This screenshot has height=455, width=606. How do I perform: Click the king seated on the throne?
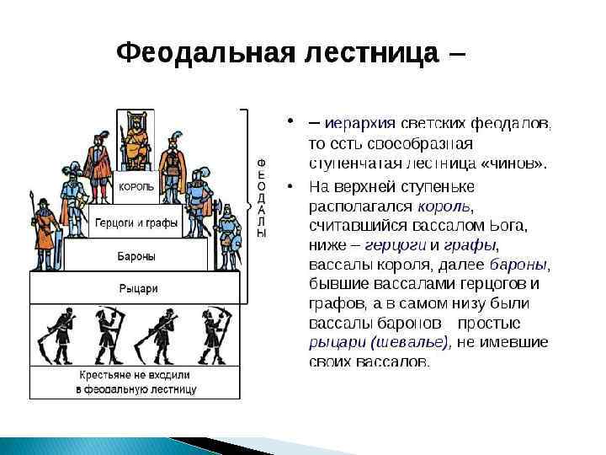135,143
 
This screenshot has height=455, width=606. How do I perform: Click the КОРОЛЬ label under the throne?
136,187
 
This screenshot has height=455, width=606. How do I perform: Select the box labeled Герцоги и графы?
136,223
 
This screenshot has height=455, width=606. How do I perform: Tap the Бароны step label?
136,254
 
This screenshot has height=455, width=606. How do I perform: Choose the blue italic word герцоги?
396,245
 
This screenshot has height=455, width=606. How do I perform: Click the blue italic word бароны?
518,265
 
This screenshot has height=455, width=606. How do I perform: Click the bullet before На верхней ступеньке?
289,186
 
